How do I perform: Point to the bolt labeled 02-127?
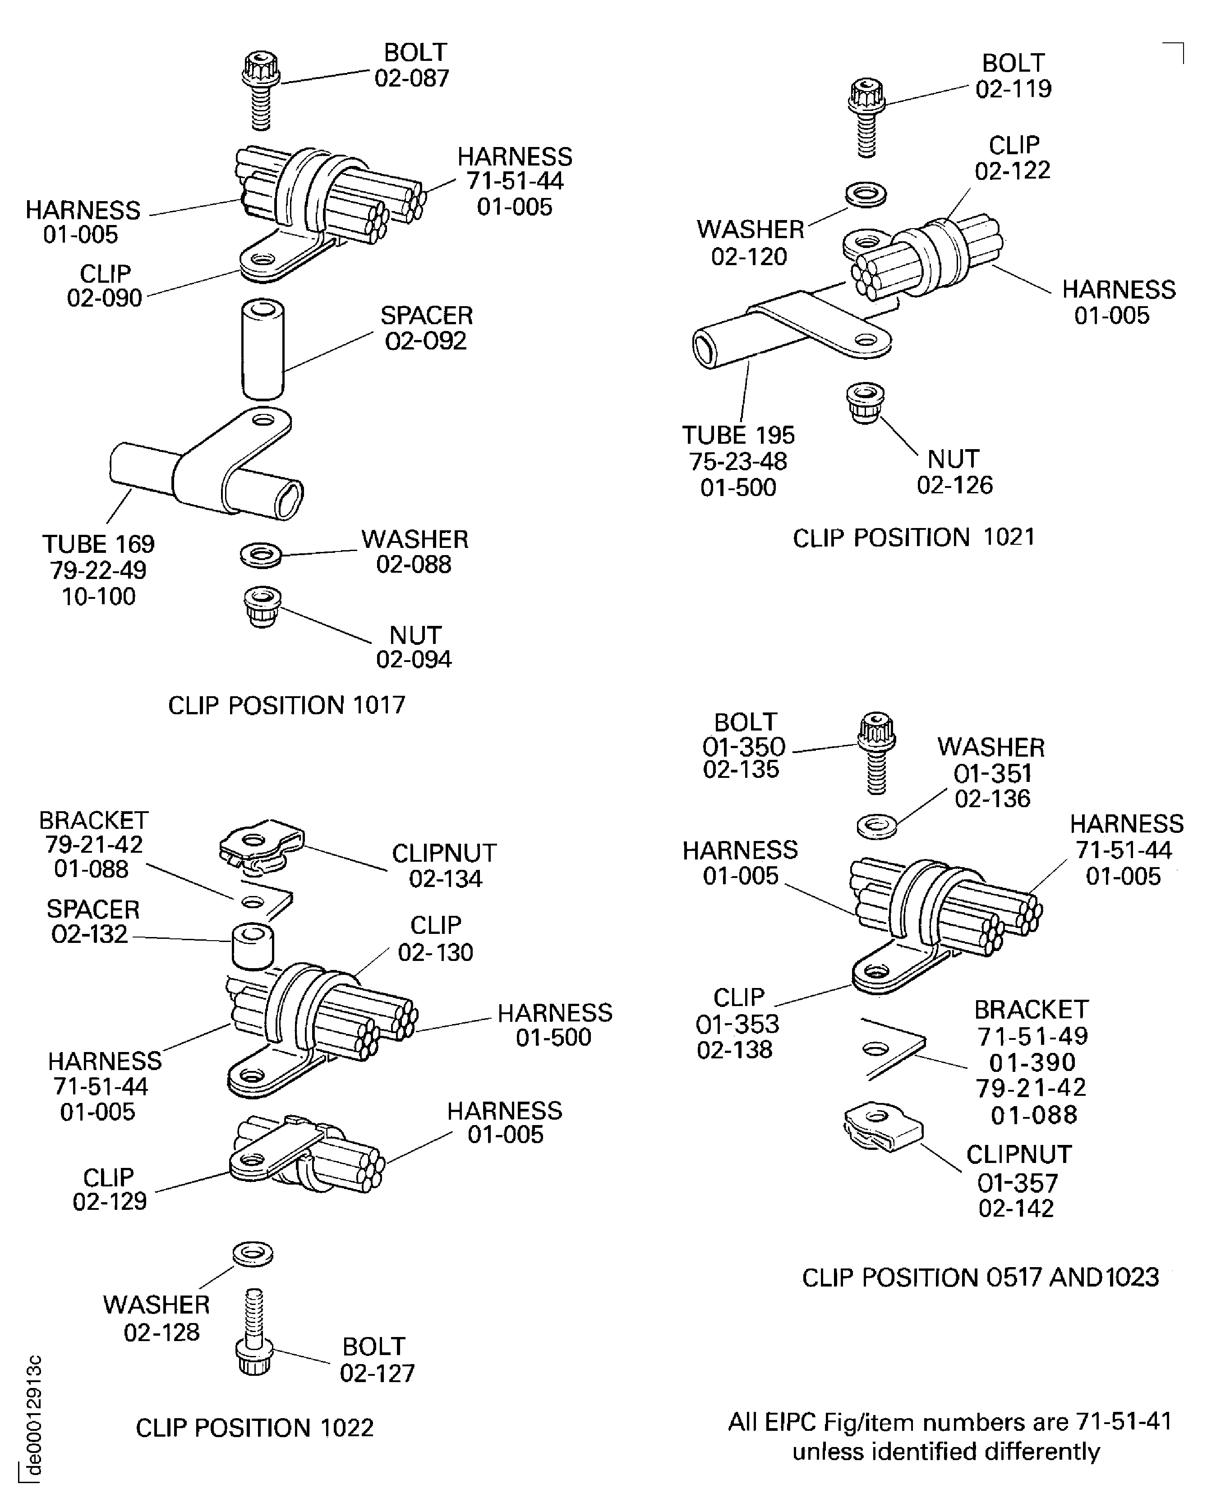click(254, 1332)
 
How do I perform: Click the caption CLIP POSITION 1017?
click(286, 706)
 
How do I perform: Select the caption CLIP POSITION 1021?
click(913, 538)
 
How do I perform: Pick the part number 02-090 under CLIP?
click(104, 298)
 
